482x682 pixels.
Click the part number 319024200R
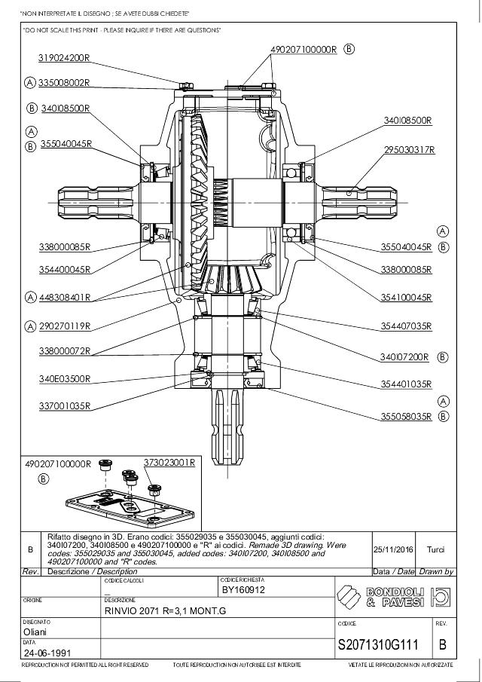[x=64, y=57]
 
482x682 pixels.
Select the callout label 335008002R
[x=64, y=82]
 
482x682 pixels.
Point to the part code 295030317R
[x=410, y=150]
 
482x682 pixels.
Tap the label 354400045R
[x=64, y=269]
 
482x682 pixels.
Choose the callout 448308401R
[x=64, y=297]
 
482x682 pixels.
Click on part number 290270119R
[x=64, y=326]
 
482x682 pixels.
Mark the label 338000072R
[x=64, y=351]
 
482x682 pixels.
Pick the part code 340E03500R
[x=64, y=378]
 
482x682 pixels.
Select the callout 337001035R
[x=64, y=406]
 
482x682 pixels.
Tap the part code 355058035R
[x=406, y=415]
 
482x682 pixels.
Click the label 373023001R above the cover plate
[x=169, y=462]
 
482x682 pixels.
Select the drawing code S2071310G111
[x=383, y=645]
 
